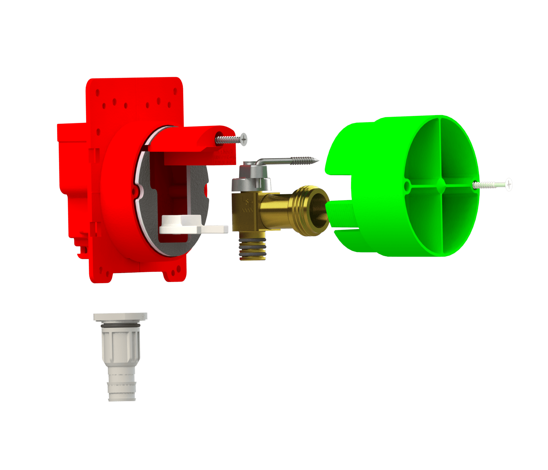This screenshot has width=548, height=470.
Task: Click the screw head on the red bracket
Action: (x=243, y=139)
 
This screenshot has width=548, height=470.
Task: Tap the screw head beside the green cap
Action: (x=508, y=184)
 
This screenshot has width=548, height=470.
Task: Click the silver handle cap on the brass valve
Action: (x=252, y=176)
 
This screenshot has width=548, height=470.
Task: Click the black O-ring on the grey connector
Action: (x=120, y=326)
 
